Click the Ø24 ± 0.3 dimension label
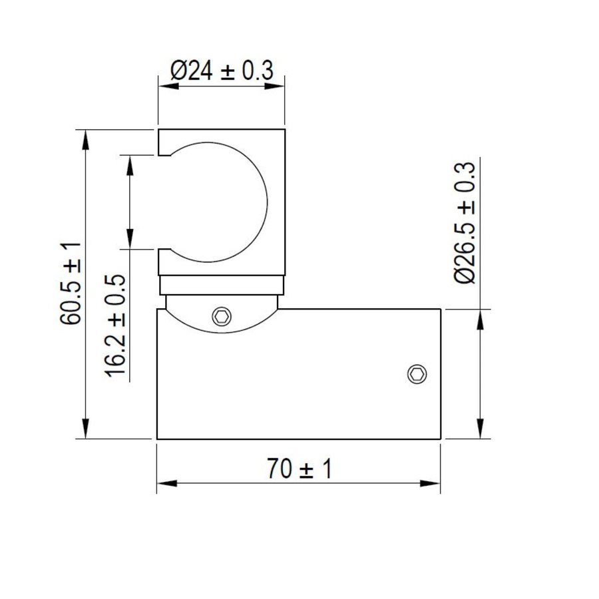(222, 71)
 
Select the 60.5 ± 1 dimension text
(71, 283)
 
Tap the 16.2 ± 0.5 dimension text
(115, 326)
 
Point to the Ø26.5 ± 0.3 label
(465, 223)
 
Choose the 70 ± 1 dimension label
(299, 469)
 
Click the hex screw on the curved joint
(222, 316)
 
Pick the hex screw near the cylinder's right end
(417, 373)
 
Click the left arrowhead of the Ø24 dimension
(168, 87)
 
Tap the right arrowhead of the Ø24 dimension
(274, 87)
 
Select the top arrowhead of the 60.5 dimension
(86, 140)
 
